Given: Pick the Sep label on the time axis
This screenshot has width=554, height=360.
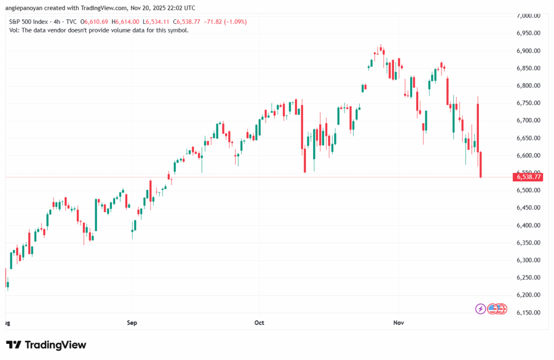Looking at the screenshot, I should click(x=132, y=323).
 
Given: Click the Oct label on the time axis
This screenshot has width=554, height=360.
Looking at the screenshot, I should click(x=259, y=323).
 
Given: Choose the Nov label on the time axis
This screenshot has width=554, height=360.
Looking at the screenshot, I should click(x=399, y=323).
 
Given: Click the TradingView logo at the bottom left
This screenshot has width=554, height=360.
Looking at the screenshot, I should click(x=46, y=345).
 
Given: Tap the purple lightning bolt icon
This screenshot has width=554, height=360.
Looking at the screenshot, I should click(x=480, y=309).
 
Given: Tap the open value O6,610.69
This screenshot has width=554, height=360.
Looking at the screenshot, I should click(x=95, y=21).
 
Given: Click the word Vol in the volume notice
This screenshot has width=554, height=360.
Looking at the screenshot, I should click(x=15, y=30).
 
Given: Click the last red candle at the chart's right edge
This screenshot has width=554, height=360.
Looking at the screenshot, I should click(x=481, y=164).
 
